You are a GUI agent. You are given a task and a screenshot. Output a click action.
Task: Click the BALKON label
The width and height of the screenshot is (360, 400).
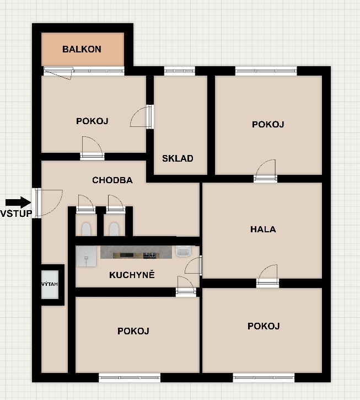coord(82,49)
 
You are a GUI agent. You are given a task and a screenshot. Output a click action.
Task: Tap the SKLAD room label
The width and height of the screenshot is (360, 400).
coord(178,158)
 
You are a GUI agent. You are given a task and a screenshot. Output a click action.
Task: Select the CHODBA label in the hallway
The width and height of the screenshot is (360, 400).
coord(112,180)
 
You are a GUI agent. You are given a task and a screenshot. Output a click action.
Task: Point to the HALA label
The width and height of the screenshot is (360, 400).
coord(263,229)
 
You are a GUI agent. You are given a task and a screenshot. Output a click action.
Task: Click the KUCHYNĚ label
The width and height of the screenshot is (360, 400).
coord(132,275)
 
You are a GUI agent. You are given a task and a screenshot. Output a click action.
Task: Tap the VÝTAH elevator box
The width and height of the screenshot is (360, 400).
coord(50,285)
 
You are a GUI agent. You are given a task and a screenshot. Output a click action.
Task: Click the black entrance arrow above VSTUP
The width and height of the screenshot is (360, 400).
coord(18,202)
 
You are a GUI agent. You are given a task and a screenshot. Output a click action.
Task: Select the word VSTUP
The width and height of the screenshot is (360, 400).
coord(17,214)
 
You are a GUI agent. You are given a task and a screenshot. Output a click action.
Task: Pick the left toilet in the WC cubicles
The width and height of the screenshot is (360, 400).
coord(86,229)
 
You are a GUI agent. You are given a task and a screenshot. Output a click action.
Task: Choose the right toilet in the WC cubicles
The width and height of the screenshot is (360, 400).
coord(114,229)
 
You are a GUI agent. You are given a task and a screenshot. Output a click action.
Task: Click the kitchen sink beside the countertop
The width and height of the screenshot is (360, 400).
coord(184,251)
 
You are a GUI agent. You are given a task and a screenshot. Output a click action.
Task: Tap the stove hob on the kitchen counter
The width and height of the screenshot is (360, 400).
coord(149,255)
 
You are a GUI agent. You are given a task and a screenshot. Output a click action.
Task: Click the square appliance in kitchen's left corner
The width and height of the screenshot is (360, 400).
coord(86,257)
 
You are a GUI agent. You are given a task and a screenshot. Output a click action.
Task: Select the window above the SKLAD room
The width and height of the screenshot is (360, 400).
coord(180,71)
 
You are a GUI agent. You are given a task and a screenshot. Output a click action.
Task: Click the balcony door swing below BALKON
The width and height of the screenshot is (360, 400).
coord(58,73)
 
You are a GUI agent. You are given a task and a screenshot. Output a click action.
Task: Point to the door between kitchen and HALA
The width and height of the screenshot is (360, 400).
coord(194,265)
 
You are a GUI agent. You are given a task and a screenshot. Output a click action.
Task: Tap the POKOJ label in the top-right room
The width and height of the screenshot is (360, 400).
coord(268,124)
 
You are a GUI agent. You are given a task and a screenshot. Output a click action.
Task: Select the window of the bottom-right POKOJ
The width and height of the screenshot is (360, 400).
coord(264,377)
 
